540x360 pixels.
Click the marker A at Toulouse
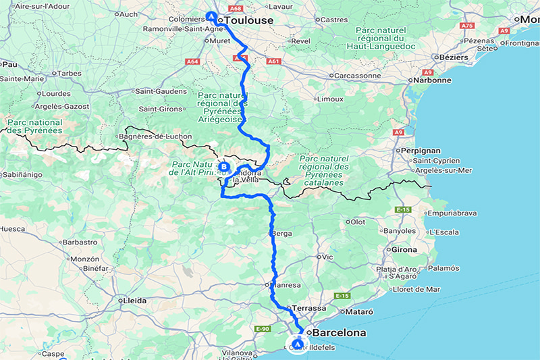tap(211, 16)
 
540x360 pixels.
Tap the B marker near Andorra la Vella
tap(224, 166)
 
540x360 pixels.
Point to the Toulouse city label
tap(249, 21)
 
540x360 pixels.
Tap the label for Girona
tap(405, 249)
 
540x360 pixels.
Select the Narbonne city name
tap(433, 80)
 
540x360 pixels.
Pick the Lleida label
tap(132, 300)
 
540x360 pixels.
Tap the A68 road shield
tap(234, 9)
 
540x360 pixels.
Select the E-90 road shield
tap(262, 329)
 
